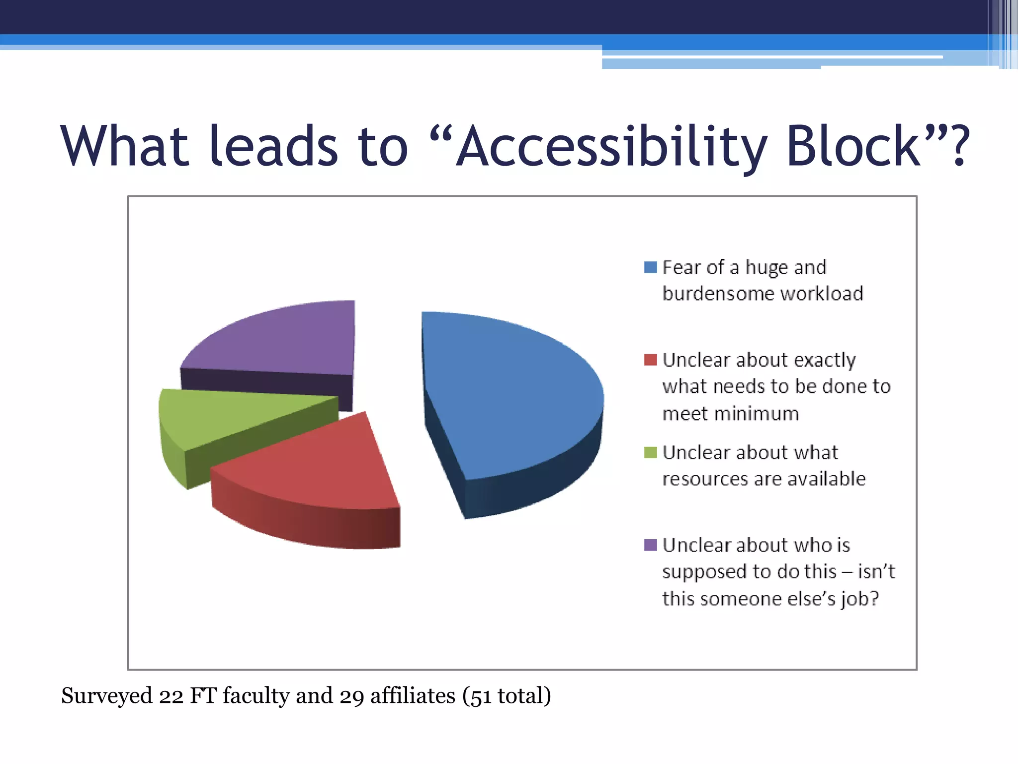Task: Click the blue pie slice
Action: (507, 393)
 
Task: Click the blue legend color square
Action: (650, 267)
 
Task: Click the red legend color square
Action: (650, 360)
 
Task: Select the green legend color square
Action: (650, 452)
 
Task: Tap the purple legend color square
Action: (650, 545)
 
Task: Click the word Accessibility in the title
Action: (611, 147)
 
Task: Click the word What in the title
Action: (124, 147)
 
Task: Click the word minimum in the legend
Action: (730, 414)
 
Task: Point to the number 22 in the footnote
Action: (171, 696)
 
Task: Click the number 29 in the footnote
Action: (352, 696)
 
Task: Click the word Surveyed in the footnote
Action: (106, 696)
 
